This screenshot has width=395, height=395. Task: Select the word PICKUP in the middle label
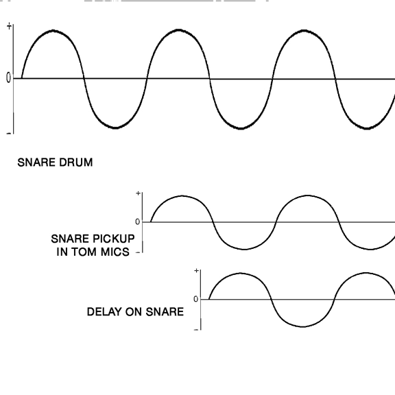coord(114,239)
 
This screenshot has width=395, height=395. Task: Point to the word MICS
coord(115,252)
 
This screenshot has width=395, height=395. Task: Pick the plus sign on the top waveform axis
coord(9,26)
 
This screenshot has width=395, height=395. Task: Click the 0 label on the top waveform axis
coord(8,78)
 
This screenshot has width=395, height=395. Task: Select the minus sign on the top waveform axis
coord(9,133)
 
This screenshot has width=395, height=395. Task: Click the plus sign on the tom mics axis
coord(138,193)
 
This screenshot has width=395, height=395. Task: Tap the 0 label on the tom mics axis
coord(137,222)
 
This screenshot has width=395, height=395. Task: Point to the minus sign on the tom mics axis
coord(138,252)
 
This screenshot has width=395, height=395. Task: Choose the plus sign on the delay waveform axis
coord(197,271)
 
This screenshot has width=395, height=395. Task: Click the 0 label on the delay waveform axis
coord(195,299)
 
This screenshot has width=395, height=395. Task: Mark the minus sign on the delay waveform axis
coord(196,329)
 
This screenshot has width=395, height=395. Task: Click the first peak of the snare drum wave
coord(53,31)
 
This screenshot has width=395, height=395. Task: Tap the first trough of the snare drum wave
coord(115,128)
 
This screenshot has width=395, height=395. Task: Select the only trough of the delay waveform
coord(303,326)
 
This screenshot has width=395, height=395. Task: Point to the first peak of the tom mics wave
coord(182,195)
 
